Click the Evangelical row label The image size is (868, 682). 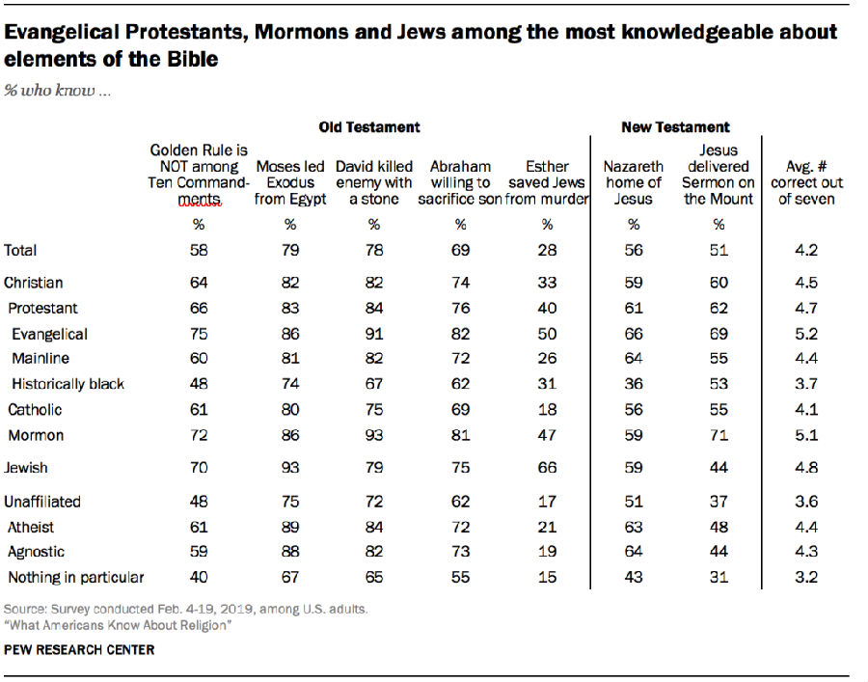click(x=49, y=334)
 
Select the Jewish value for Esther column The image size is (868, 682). click(x=546, y=468)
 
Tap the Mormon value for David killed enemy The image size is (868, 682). click(x=373, y=435)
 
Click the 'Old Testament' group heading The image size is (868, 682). click(x=369, y=126)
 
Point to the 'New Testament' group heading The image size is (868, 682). click(x=675, y=126)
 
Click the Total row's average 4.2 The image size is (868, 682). click(x=807, y=250)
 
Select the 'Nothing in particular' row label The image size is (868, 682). click(x=76, y=577)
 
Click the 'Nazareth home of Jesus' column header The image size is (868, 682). click(x=634, y=182)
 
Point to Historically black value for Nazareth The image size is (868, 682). click(x=634, y=384)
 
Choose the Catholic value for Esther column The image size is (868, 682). click(x=546, y=410)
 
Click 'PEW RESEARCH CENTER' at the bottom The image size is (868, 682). click(x=79, y=650)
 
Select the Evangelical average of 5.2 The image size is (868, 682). click(x=807, y=334)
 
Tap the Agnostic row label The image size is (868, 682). click(x=37, y=552)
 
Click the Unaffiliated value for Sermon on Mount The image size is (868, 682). click(x=718, y=502)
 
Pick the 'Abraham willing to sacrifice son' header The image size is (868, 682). click(x=460, y=182)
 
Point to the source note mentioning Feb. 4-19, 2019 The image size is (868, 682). click(x=185, y=610)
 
